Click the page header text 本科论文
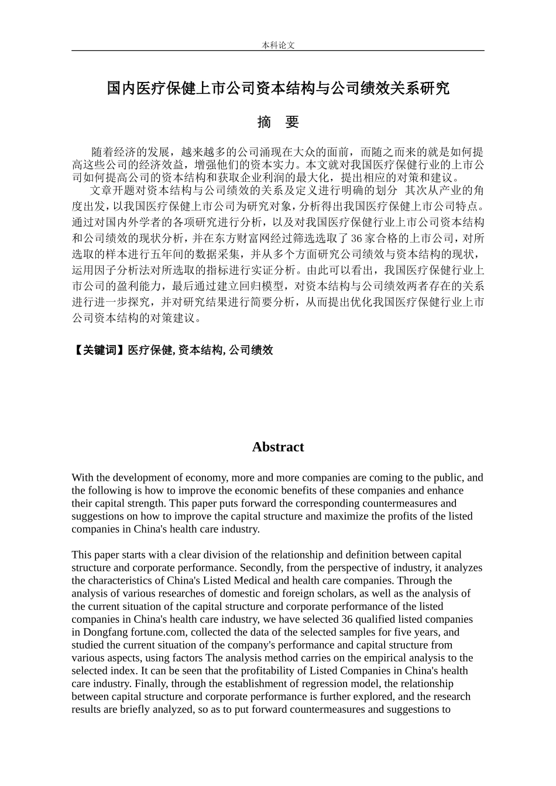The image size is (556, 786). click(278, 45)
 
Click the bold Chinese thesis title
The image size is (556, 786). click(278, 88)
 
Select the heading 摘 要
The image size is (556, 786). click(278, 122)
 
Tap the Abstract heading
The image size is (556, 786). click(278, 447)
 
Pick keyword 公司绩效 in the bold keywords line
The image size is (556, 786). click(251, 350)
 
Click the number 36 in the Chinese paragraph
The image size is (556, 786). click(356, 239)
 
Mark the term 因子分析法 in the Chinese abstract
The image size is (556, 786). click(116, 271)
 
